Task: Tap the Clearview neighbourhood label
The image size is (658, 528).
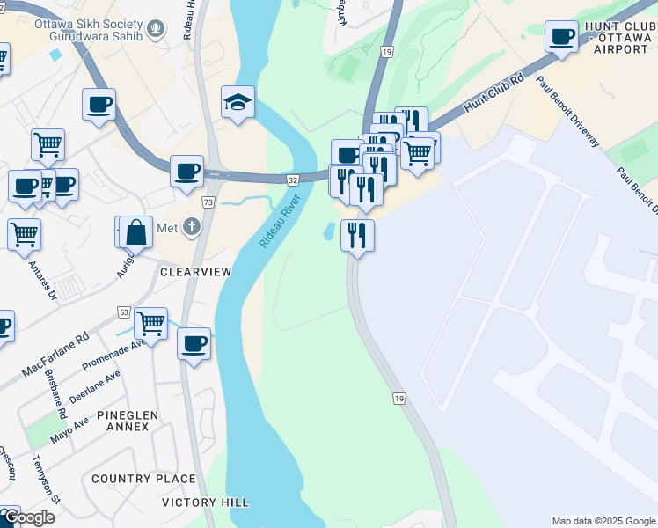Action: (195, 272)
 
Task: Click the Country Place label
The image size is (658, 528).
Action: (143, 479)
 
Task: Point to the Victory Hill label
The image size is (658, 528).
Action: (205, 502)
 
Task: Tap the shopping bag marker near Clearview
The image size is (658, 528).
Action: (135, 233)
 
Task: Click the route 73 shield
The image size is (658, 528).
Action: (208, 202)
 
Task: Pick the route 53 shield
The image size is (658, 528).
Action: (123, 312)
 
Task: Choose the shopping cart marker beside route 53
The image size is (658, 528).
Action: (150, 324)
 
